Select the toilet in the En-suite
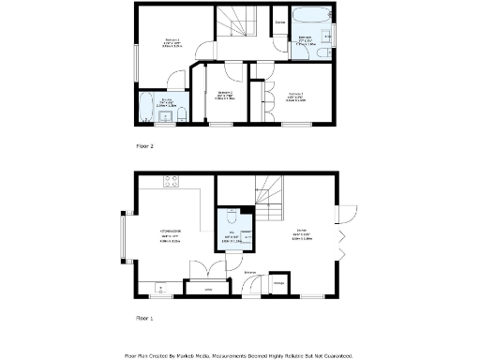[x=184, y=114]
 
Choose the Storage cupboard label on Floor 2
[x=280, y=20]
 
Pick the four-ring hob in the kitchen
[x=172, y=181]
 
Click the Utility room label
[x=208, y=290]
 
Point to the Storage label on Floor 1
[x=278, y=281]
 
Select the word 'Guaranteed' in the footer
[x=331, y=355]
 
